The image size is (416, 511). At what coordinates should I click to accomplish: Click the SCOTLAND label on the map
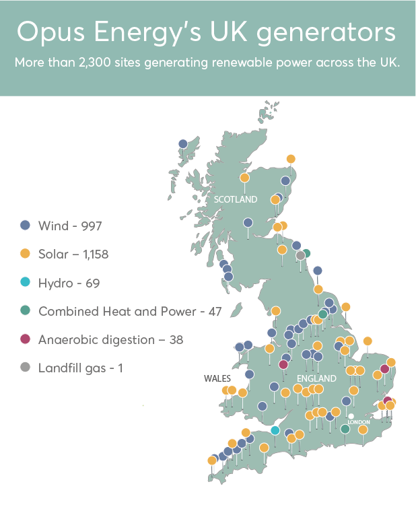236,199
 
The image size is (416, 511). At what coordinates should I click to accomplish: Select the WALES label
217,378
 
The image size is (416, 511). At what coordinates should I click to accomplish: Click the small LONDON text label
359,422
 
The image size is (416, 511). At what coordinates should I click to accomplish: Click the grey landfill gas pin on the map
300,255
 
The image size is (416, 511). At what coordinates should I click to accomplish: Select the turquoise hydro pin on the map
275,430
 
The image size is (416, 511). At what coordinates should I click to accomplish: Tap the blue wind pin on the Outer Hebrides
182,143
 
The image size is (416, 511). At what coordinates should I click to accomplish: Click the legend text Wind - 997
70,226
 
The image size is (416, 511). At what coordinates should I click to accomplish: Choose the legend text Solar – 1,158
73,254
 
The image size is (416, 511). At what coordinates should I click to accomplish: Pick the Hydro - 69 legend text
69,283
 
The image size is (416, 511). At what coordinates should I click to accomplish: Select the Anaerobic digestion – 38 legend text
110,339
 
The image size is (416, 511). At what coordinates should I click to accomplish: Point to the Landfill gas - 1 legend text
81,368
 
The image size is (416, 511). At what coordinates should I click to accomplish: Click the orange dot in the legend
25,254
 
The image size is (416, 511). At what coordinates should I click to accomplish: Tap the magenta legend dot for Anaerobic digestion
25,339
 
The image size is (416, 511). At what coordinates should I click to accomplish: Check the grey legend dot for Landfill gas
25,368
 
